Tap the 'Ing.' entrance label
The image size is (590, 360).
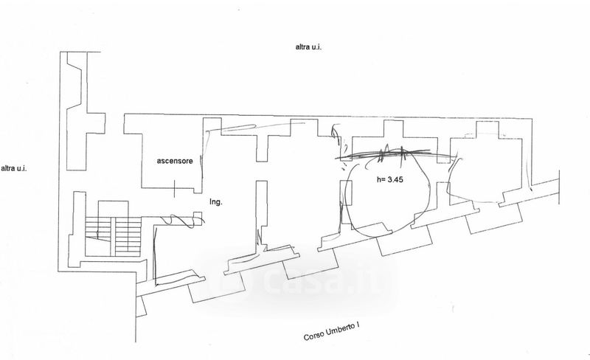216,201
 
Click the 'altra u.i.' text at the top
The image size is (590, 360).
308,47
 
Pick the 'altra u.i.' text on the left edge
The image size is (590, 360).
14,168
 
